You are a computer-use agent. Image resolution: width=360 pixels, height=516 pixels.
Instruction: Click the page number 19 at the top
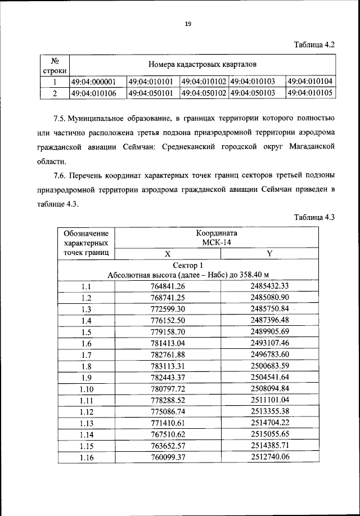(x=188, y=23)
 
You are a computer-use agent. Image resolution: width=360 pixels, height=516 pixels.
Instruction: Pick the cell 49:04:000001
(x=93, y=82)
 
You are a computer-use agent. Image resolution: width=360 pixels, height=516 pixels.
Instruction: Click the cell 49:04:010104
(x=310, y=82)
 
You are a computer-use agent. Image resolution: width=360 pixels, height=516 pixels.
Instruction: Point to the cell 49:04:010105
(x=310, y=93)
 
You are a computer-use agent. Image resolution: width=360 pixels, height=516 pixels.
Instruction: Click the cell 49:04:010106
(x=93, y=93)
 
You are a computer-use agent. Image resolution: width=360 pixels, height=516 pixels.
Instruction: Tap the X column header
(x=167, y=254)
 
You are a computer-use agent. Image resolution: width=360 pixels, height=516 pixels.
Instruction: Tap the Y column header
(x=269, y=254)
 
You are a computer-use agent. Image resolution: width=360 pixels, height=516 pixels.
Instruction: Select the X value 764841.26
(x=167, y=286)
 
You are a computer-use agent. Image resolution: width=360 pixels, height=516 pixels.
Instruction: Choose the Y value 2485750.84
(x=269, y=309)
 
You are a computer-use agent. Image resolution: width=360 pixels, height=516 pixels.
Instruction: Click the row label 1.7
(x=86, y=355)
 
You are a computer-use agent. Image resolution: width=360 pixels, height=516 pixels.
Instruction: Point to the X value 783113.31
(x=167, y=366)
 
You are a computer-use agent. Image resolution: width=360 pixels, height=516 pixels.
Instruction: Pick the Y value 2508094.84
(x=269, y=388)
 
